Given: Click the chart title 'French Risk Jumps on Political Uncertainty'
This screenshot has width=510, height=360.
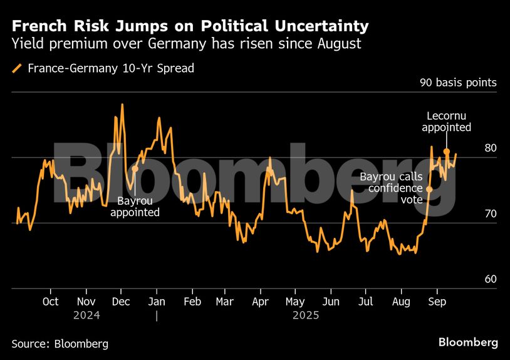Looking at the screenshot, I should (x=190, y=26).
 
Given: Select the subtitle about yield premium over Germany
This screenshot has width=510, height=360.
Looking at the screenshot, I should (x=187, y=44).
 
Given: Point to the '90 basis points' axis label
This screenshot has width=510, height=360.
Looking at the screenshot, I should (x=458, y=83).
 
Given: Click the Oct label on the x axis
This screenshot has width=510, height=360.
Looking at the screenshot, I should (x=51, y=302).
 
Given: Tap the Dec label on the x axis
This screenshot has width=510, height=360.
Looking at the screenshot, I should (x=121, y=302).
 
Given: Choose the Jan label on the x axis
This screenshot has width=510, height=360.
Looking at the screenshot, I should (x=157, y=302).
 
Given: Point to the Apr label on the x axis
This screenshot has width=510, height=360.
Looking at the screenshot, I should (x=261, y=302).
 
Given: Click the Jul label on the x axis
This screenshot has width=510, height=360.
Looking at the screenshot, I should (x=366, y=302).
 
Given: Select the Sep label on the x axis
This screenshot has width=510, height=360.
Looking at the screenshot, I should (x=437, y=302).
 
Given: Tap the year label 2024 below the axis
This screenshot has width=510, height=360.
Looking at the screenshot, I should (x=86, y=316).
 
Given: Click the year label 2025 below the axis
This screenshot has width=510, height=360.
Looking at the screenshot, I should (x=306, y=316).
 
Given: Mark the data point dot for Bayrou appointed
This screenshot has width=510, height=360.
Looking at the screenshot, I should (x=135, y=169).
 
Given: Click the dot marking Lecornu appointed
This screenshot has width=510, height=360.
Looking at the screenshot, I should (x=446, y=152).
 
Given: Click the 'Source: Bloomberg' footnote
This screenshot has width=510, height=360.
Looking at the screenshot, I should (x=60, y=344).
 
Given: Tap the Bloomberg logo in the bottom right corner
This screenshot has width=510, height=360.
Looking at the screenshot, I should (x=468, y=342).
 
